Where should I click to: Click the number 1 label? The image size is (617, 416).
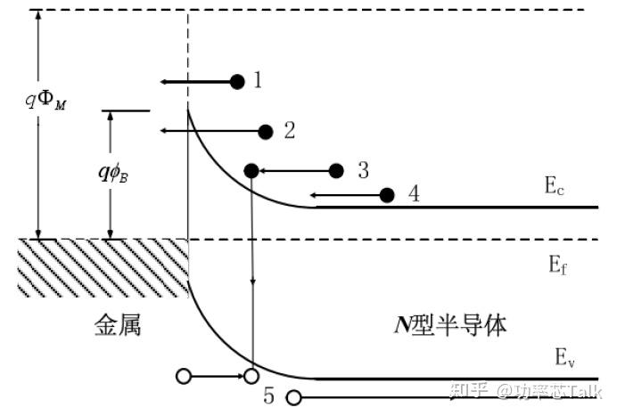[x=257, y=81]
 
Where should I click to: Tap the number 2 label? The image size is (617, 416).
[x=289, y=131]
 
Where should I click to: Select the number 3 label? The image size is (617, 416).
[x=362, y=169]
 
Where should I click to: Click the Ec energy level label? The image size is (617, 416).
[x=555, y=186]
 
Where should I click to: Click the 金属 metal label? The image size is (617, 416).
[x=118, y=325]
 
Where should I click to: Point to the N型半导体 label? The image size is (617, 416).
[x=451, y=325]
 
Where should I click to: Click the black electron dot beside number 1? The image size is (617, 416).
[x=237, y=82]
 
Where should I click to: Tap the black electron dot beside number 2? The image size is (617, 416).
[x=265, y=132]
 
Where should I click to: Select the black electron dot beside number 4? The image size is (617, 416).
[x=387, y=195]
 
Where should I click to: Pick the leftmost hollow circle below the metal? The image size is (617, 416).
[x=184, y=377]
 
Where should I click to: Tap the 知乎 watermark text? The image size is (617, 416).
[x=471, y=390]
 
